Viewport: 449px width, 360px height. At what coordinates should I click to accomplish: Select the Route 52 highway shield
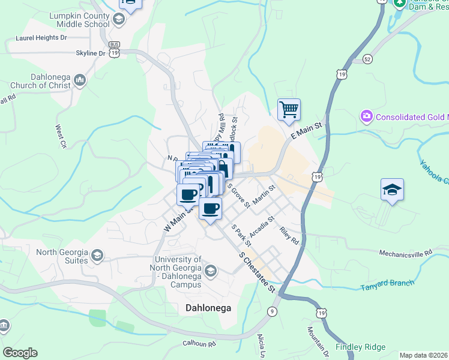367,59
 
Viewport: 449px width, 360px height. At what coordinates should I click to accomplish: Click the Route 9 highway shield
273,310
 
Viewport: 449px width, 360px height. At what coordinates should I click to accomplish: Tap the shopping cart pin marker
289,110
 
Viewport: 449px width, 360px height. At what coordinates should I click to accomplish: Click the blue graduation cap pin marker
392,190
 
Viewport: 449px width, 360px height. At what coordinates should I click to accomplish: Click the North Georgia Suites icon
96,257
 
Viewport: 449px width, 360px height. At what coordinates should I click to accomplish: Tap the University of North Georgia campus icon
210,272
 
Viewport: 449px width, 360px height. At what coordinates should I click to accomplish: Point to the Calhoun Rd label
199,344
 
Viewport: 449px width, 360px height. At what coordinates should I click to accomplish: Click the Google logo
20,353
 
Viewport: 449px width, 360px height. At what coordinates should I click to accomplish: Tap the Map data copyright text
423,355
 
